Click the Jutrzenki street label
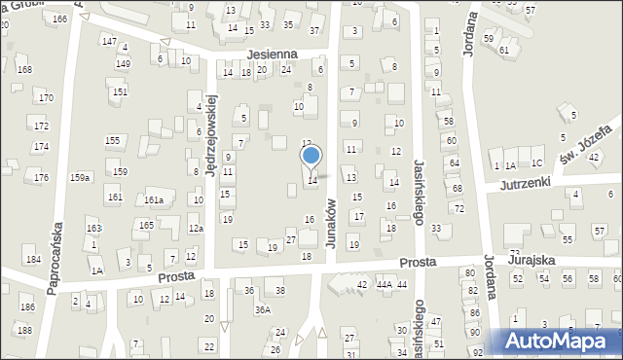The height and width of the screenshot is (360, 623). pyautogui.click(x=526, y=182)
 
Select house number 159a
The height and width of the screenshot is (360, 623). pyautogui.click(x=80, y=177)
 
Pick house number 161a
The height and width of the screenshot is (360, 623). pyautogui.click(x=154, y=199)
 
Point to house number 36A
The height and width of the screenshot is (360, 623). pyautogui.click(x=262, y=309)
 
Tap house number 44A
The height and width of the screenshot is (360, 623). pyautogui.click(x=384, y=284)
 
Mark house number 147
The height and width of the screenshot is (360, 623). pyautogui.click(x=108, y=41)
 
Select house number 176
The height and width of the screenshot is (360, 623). pyautogui.click(x=41, y=177)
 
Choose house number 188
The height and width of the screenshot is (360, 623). pyautogui.click(x=24, y=331)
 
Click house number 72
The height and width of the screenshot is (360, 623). pyautogui.click(x=458, y=209)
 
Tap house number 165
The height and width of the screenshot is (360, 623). pyautogui.click(x=146, y=225)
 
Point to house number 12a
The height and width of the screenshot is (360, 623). pyautogui.click(x=196, y=228)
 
